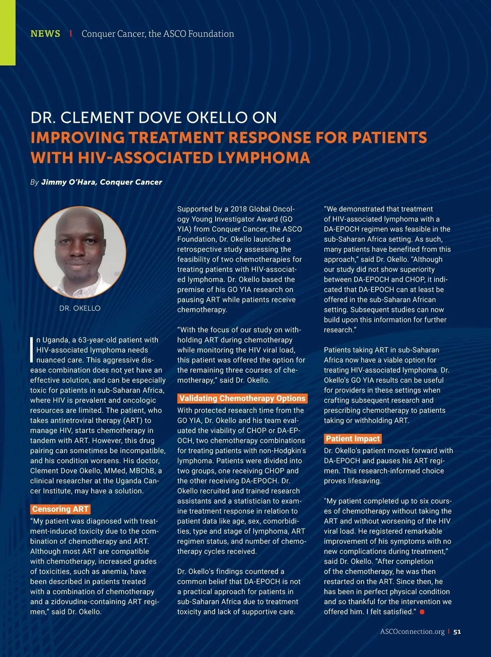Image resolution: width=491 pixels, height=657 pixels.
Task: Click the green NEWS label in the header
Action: [x=45, y=34]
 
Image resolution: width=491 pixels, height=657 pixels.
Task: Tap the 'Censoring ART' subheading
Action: [x=60, y=509]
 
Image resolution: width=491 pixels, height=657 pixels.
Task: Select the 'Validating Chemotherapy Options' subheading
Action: [x=242, y=398]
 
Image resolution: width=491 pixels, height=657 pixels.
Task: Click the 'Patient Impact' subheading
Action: [x=353, y=439]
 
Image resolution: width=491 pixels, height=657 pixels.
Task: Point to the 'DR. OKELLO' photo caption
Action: [x=80, y=308]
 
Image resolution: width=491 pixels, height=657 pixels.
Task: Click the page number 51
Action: [x=457, y=632]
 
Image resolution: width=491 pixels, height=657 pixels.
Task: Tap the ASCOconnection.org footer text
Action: [x=412, y=632]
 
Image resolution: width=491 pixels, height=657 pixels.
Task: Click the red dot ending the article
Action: [x=422, y=612]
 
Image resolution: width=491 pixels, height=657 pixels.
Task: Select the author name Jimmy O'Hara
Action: [x=68, y=182]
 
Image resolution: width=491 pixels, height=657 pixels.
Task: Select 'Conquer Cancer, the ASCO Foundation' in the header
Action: [x=158, y=34]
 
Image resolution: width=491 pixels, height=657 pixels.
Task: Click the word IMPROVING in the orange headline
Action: [x=77, y=138]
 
